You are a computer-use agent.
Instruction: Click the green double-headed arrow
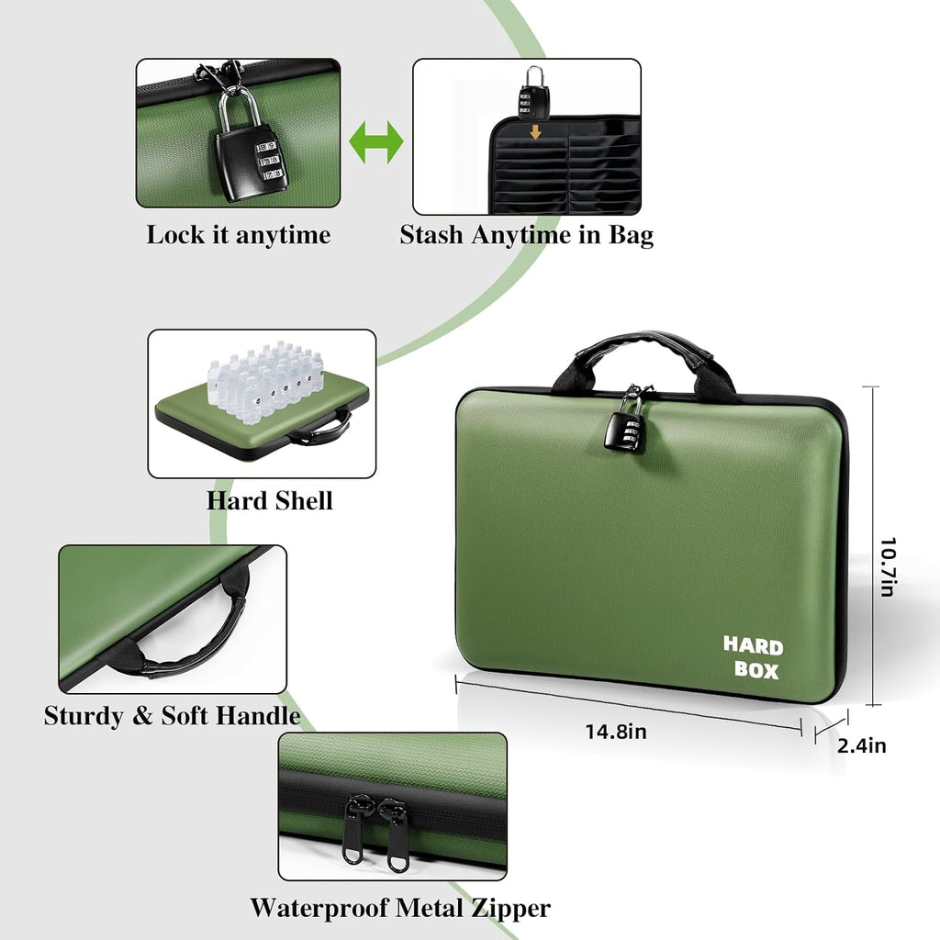click(376, 142)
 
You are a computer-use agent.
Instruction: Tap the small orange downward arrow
click(535, 131)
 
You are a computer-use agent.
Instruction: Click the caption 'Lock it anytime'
click(239, 235)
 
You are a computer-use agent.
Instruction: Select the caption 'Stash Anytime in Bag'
click(526, 235)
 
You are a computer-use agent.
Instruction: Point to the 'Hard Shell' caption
click(269, 500)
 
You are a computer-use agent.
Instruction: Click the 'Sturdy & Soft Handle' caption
click(172, 715)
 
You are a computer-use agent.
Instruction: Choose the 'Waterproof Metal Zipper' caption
click(400, 908)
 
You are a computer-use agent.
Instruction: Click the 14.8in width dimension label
click(616, 732)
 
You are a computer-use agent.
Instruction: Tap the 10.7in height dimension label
click(888, 567)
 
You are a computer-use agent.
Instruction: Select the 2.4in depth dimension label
click(861, 745)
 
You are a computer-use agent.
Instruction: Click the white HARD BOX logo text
click(754, 657)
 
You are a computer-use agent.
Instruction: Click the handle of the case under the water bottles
click(320, 430)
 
